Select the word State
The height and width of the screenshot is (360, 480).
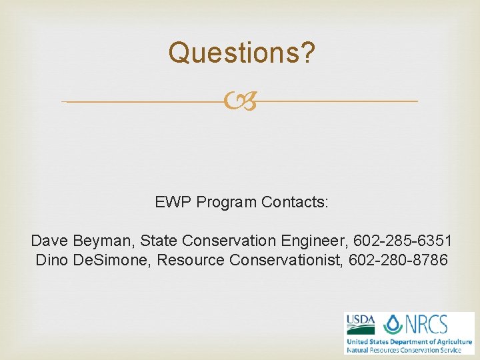coord(159,240)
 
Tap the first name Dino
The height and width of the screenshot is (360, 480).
coord(51,259)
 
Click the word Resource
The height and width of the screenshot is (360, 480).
coord(191,259)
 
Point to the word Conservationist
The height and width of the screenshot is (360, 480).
coord(285,259)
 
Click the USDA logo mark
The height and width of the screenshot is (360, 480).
coord(360,325)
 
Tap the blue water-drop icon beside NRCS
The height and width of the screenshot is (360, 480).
coord(393,325)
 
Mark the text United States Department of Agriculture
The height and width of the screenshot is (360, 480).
coord(409,342)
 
